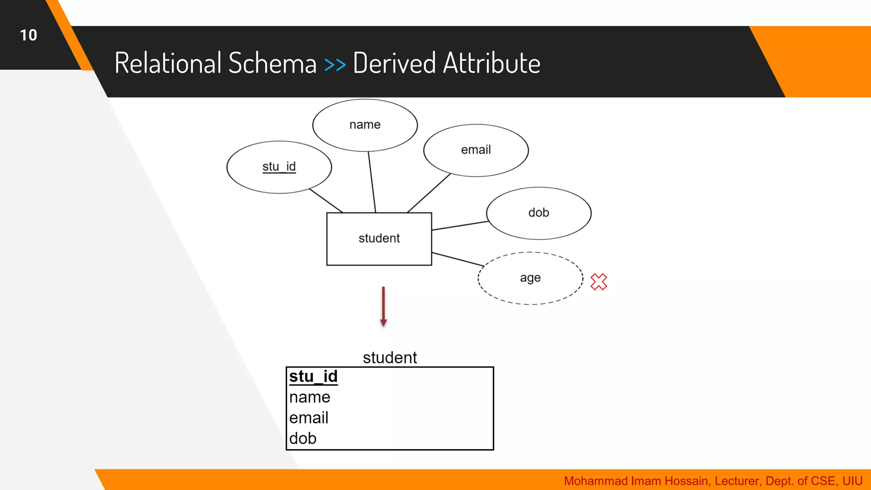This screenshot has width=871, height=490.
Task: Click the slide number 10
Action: [28, 35]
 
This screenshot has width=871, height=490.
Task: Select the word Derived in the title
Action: [394, 63]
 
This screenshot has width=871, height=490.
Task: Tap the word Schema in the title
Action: [272, 63]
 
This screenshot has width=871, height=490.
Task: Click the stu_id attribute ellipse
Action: [279, 167]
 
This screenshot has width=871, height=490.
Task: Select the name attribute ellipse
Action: [365, 125]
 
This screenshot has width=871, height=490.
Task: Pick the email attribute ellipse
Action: [476, 150]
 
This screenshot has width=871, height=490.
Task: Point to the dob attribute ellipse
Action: [538, 213]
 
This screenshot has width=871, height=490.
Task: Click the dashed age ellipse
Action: [530, 278]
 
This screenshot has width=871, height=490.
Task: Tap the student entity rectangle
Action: [379, 239]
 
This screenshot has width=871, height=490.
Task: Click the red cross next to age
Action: [599, 282]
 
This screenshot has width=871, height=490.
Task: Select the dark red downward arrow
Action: [383, 306]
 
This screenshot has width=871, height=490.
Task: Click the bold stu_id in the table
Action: [313, 377]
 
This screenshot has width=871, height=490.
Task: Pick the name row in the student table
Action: [310, 397]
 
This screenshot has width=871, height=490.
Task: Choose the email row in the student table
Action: [309, 418]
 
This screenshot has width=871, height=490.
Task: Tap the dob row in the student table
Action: [303, 439]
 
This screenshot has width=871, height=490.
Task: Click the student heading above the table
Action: [390, 358]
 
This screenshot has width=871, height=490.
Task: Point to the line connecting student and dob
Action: [460, 225]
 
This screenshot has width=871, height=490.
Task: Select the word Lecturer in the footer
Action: [738, 481]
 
